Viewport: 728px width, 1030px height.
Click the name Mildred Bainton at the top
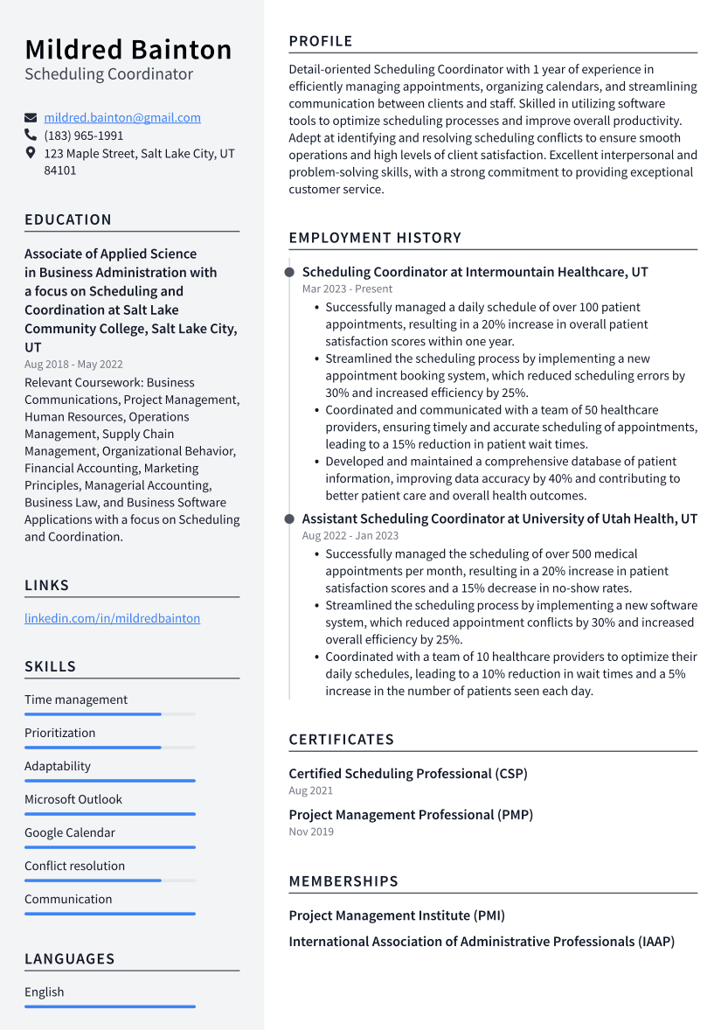[128, 49]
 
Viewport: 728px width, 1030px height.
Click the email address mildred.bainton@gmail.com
[122, 117]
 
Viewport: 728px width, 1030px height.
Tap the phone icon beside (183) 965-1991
[31, 136]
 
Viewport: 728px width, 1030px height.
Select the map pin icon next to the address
[31, 153]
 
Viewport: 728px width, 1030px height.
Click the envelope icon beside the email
[31, 118]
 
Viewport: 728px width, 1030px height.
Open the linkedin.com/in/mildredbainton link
[112, 618]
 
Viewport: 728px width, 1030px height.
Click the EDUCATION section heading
[68, 219]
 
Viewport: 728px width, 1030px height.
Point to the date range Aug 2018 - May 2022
[73, 365]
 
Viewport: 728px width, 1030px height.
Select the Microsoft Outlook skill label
[73, 799]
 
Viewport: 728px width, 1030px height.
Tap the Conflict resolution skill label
[74, 866]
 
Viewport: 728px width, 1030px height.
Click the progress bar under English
[109, 1006]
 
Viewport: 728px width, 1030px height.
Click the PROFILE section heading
[321, 41]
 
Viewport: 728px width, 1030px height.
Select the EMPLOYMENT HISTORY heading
[375, 238]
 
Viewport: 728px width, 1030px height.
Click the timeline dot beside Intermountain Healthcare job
[289, 272]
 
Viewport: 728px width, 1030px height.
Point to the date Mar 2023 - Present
[347, 289]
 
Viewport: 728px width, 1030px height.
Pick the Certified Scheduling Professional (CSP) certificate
[408, 774]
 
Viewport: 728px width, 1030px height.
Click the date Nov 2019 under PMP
[311, 832]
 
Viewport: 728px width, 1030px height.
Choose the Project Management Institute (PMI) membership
[397, 915]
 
